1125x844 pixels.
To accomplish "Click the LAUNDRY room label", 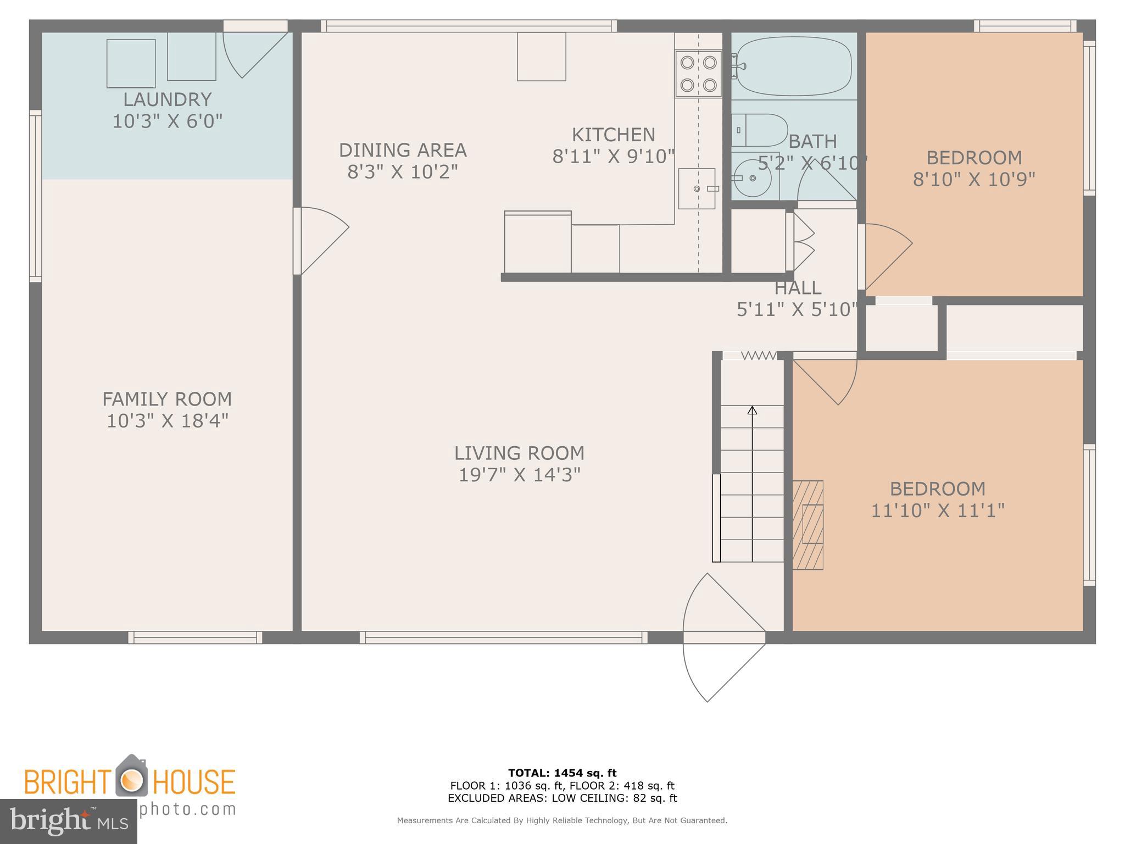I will [x=167, y=99].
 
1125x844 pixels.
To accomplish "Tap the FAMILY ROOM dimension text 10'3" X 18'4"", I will [x=167, y=421].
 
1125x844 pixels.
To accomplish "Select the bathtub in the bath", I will [x=794, y=66].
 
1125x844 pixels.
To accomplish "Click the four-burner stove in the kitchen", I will [x=698, y=74].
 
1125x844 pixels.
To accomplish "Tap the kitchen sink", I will [x=697, y=188].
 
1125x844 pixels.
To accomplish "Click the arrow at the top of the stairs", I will [x=752, y=410].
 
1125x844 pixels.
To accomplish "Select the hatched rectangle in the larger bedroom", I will [x=808, y=525].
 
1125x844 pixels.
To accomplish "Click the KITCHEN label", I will [x=613, y=135].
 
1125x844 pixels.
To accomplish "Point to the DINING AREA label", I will [x=403, y=150].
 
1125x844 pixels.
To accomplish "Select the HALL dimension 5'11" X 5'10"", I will [x=797, y=310].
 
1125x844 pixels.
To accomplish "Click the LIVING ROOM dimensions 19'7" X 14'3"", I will [x=519, y=474].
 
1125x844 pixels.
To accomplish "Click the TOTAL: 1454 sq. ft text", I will [x=562, y=773].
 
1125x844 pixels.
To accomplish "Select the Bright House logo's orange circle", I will [x=131, y=781].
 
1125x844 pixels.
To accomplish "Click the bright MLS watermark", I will [x=69, y=821].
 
